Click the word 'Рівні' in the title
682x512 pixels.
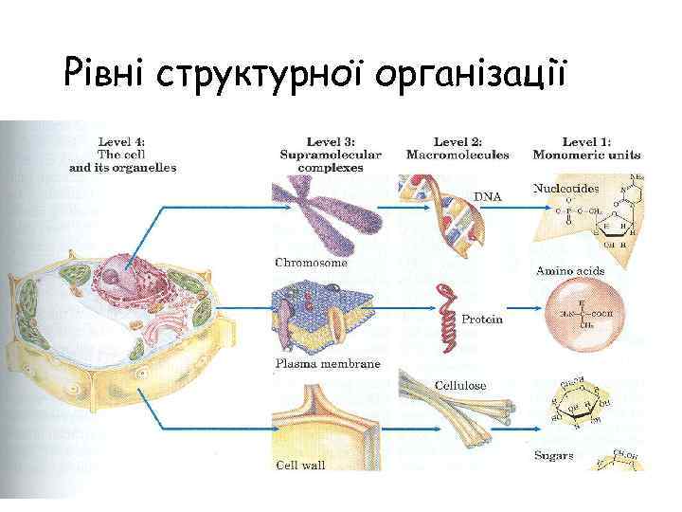pos(103,71)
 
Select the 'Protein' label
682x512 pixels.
pos(482,320)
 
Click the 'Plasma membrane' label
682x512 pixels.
pos(327,363)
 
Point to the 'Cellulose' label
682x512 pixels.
pos(460,386)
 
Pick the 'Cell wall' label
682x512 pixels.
pos(300,465)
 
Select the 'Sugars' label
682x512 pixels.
pos(553,456)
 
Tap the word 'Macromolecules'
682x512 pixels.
pos(458,155)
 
